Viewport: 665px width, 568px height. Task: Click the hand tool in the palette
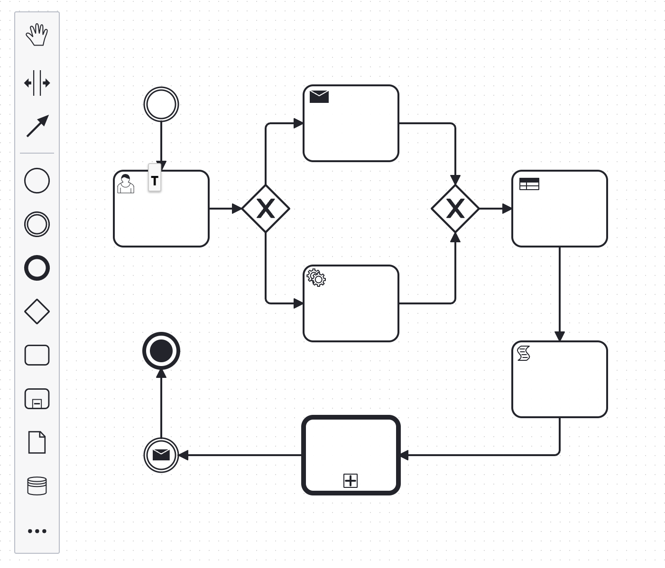coord(37,35)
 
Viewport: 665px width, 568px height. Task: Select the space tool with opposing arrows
coord(37,83)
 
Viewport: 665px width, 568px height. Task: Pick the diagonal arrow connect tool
coord(37,126)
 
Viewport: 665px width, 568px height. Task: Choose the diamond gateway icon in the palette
coord(37,311)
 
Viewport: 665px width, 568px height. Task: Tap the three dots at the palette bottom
coord(37,531)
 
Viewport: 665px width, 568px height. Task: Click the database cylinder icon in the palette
coord(37,486)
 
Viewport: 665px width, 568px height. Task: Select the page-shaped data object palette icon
coord(37,442)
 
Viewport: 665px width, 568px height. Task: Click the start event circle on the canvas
coord(161,104)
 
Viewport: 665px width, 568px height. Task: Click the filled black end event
coord(161,351)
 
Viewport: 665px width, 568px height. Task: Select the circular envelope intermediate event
coord(161,455)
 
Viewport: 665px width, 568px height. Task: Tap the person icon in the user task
coord(126,184)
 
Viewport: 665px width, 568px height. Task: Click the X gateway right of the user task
coord(266,209)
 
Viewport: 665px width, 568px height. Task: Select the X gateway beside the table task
coord(455,209)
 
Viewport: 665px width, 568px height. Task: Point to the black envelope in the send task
coord(319,97)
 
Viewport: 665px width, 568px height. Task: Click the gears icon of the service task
coord(316,278)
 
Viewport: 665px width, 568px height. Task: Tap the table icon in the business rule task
coord(529,184)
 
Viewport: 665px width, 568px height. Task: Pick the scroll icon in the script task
coord(524,353)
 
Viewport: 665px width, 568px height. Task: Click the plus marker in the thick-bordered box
coord(351,481)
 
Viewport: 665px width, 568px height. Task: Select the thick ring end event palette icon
coord(37,268)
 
